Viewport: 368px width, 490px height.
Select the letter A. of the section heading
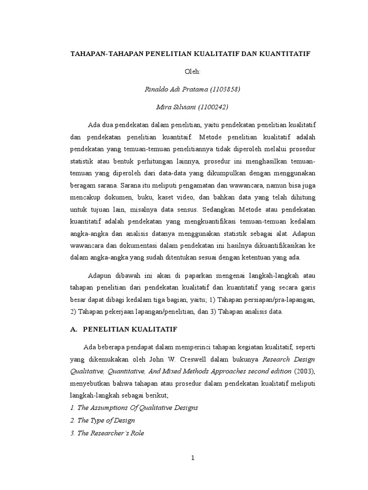(73, 329)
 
